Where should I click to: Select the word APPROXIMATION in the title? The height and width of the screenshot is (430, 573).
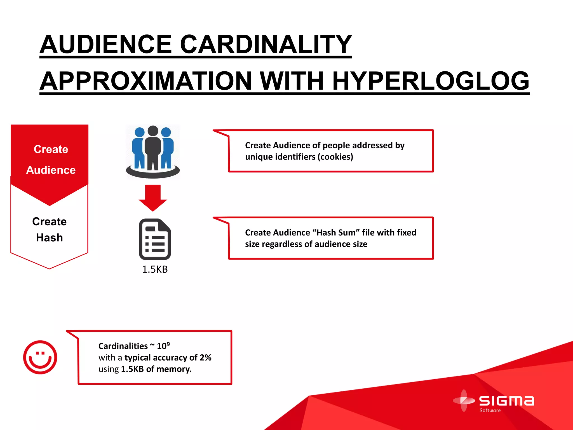(x=145, y=81)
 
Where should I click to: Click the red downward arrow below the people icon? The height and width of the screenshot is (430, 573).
(x=153, y=198)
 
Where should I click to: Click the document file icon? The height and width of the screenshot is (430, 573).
(x=155, y=239)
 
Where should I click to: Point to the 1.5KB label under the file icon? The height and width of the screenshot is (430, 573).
(x=155, y=269)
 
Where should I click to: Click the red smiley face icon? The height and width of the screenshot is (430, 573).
(x=40, y=357)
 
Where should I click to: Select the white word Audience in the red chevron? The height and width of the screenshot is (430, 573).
(x=51, y=170)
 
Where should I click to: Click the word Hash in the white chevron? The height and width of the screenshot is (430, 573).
(x=50, y=238)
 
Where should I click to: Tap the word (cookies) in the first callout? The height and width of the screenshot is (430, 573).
(x=335, y=157)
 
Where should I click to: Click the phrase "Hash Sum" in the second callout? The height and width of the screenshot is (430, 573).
(x=336, y=233)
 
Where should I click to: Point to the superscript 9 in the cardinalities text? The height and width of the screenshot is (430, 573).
(x=168, y=344)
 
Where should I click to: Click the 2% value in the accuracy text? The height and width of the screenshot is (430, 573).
(x=206, y=357)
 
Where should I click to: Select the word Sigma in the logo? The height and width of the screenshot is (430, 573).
(x=506, y=401)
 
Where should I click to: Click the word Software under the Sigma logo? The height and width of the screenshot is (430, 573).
(x=490, y=410)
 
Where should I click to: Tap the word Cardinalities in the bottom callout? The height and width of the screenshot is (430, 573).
(x=123, y=346)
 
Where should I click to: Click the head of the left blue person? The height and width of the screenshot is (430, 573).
(x=140, y=132)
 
